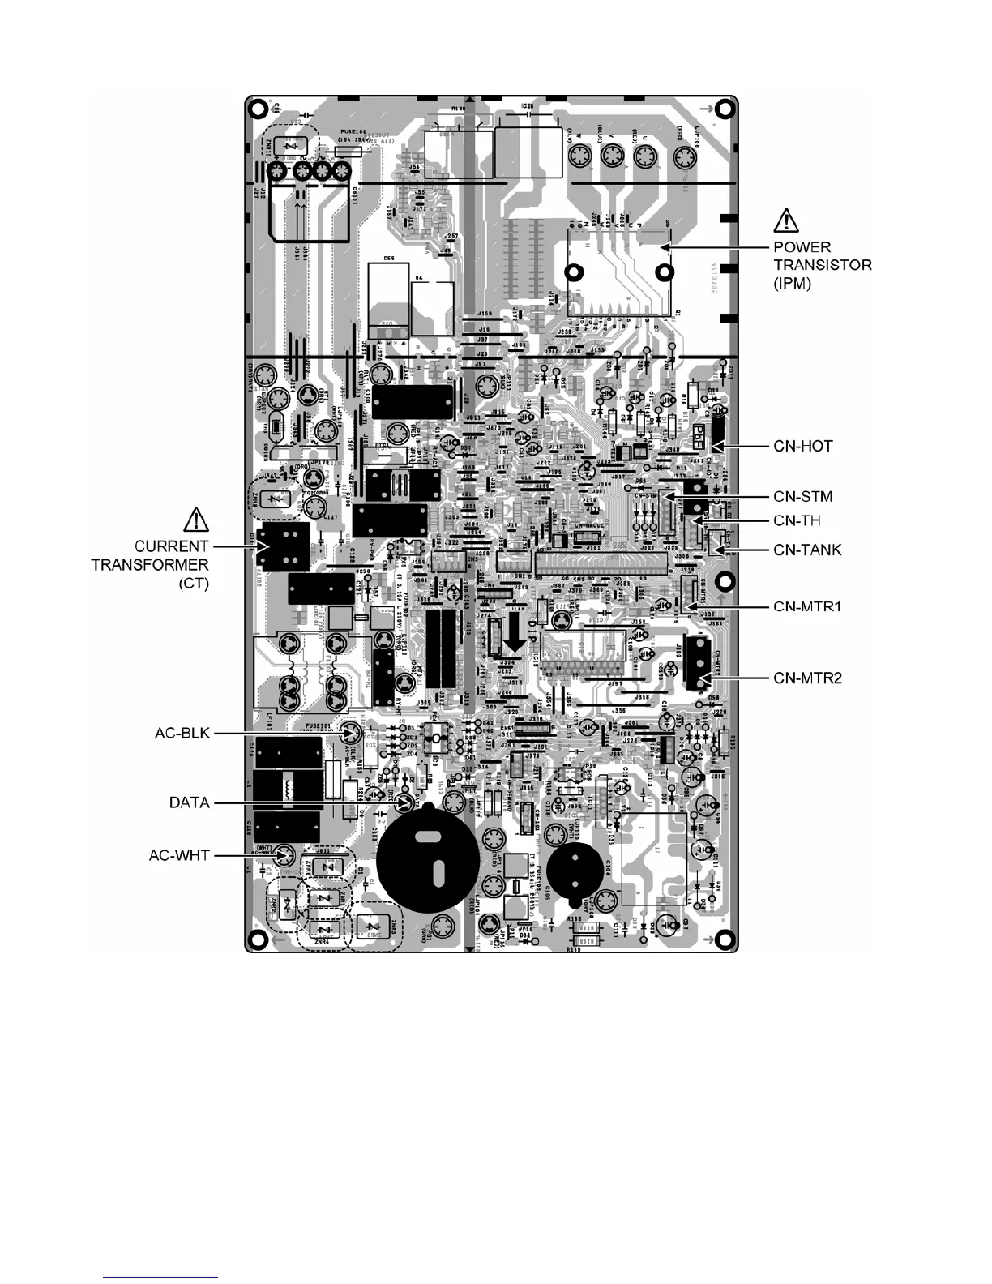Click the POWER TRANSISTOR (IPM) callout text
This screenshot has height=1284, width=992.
(823, 266)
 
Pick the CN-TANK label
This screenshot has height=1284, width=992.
(807, 550)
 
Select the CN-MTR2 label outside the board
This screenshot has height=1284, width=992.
(807, 678)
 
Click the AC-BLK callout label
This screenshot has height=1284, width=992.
(182, 734)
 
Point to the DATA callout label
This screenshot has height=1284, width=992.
(190, 802)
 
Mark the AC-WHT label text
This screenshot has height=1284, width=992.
(179, 854)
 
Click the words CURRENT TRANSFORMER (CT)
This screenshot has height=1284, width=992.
(172, 565)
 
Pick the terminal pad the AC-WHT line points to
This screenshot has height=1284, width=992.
(283, 854)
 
